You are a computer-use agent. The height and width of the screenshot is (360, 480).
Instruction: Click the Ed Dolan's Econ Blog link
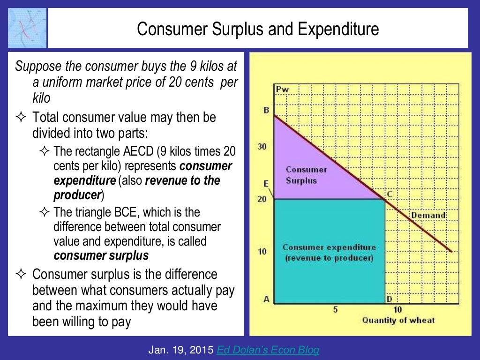[267, 350]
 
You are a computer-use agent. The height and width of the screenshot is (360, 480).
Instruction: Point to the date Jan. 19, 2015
[180, 350]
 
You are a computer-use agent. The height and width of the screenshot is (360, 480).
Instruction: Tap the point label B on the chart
[266, 111]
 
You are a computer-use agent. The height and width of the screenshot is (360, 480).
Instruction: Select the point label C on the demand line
[389, 193]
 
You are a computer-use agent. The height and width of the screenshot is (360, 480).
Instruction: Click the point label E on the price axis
[266, 184]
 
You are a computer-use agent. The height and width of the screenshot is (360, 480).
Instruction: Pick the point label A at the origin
[266, 300]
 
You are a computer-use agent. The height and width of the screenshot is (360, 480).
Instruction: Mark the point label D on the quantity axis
[389, 300]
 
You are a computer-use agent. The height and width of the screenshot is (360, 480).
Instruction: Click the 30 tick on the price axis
[262, 147]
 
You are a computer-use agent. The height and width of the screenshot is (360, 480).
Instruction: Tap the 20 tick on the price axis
[262, 199]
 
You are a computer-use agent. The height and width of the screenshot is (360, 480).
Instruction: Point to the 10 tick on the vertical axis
[262, 251]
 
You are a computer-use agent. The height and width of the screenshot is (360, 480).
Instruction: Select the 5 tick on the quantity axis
[335, 309]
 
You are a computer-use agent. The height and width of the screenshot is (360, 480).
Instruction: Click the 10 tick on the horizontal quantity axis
[397, 309]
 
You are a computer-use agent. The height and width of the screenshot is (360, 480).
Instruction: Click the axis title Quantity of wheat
[398, 320]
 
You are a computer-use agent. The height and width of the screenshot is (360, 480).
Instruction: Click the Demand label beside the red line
[428, 215]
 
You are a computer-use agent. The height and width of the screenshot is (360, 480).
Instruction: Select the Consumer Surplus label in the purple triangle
[306, 175]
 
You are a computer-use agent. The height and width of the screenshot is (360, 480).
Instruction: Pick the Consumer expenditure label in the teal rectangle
[329, 253]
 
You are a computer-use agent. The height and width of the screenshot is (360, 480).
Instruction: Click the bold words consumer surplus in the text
[101, 255]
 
